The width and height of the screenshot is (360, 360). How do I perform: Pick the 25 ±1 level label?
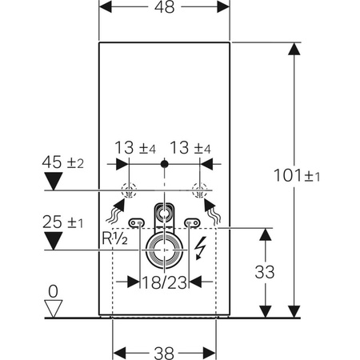(65, 221)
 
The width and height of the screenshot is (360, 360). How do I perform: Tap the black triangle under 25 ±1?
(54, 238)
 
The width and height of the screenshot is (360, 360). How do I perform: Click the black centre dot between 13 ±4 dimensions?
(165, 164)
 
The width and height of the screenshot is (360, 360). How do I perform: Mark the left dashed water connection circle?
(128, 191)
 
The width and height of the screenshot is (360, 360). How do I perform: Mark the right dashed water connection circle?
(201, 191)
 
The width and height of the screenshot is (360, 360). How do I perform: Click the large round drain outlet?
(165, 250)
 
